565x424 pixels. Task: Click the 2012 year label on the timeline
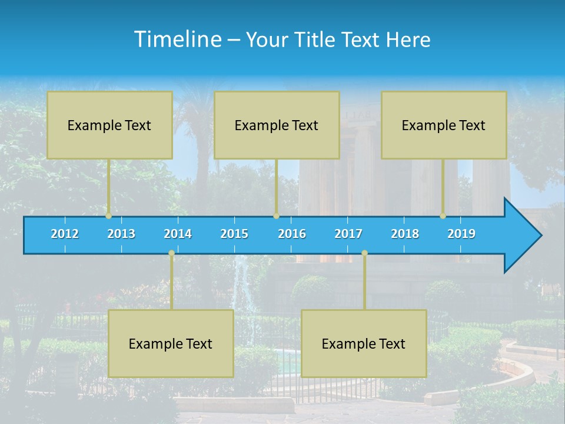tap(65, 234)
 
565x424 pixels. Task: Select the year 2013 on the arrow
tap(121, 234)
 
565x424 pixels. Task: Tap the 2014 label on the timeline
tap(178, 234)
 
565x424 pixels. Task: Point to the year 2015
tap(234, 234)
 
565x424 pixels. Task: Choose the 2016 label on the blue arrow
tap(292, 234)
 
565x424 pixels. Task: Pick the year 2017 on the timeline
tap(348, 234)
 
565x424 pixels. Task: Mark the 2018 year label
tap(405, 234)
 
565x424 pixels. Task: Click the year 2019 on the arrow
tap(461, 234)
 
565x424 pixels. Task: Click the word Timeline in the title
tap(178, 39)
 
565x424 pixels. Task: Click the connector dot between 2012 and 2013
tap(108, 216)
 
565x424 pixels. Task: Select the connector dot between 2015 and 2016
tap(276, 216)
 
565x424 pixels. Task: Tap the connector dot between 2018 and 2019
tap(443, 216)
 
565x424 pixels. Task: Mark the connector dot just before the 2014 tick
tap(171, 253)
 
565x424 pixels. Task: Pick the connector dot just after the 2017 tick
tap(364, 253)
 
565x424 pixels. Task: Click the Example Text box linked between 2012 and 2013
tap(109, 125)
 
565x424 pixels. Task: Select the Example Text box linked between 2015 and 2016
tap(277, 125)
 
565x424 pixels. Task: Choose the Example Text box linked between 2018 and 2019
tap(444, 125)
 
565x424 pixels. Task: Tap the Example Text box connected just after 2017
tap(364, 344)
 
